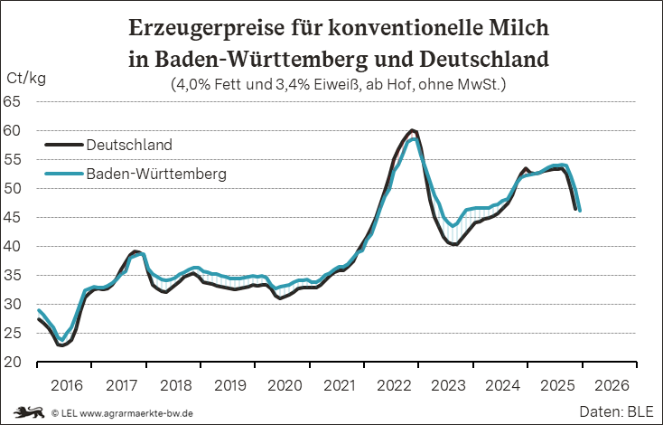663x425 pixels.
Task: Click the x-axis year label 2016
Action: click(67, 385)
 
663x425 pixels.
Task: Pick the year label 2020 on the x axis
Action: click(286, 385)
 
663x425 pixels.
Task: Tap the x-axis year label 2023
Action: click(450, 385)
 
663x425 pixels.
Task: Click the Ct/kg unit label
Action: click(26, 78)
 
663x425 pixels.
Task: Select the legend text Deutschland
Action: click(129, 145)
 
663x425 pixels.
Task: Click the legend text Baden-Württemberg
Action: click(155, 173)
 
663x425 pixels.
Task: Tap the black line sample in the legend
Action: click(63, 145)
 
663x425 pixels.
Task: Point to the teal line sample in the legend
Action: click(63, 173)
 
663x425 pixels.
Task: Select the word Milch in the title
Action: click(518, 28)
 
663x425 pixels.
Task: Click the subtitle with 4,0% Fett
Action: click(338, 86)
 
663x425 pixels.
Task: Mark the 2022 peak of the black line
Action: click(412, 130)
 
